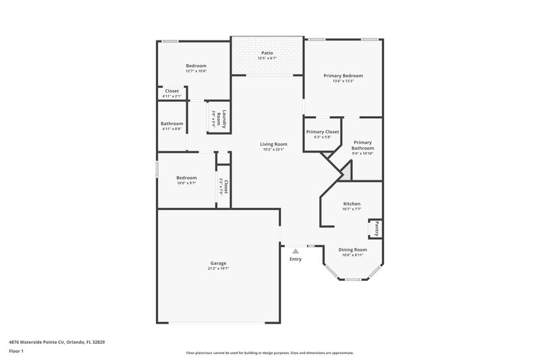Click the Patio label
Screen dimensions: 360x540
267,53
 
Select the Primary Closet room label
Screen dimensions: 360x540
322,132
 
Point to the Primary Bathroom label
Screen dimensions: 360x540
362,145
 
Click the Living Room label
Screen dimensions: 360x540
273,144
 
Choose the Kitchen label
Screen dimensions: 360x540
352,203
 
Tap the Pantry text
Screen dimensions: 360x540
377,229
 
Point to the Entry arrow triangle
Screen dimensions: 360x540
295,251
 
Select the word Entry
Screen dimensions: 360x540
295,259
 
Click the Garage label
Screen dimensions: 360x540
217,263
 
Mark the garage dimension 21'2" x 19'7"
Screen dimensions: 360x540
217,269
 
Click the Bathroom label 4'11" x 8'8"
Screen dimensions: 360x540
172,124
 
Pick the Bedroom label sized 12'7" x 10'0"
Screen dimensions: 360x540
196,66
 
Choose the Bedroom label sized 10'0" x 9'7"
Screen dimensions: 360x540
186,178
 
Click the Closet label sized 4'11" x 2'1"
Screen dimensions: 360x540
172,91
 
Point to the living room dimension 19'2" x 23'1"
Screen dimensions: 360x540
273,149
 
